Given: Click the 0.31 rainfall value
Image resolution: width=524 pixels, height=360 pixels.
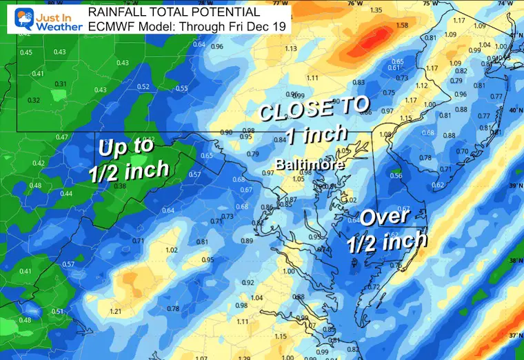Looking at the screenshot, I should coord(61,84).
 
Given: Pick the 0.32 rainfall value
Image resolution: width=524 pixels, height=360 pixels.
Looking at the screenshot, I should coord(33,100).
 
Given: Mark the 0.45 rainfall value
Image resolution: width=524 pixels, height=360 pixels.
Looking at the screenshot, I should coord(26,52).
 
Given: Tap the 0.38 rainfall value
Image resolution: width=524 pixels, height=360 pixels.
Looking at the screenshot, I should coord(120,186).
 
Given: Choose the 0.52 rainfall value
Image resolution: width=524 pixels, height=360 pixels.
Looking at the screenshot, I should coord(143,86).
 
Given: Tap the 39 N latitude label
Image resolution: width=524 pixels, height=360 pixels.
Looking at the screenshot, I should coord(514,187).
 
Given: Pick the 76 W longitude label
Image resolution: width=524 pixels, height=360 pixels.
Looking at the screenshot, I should coord(353,3).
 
